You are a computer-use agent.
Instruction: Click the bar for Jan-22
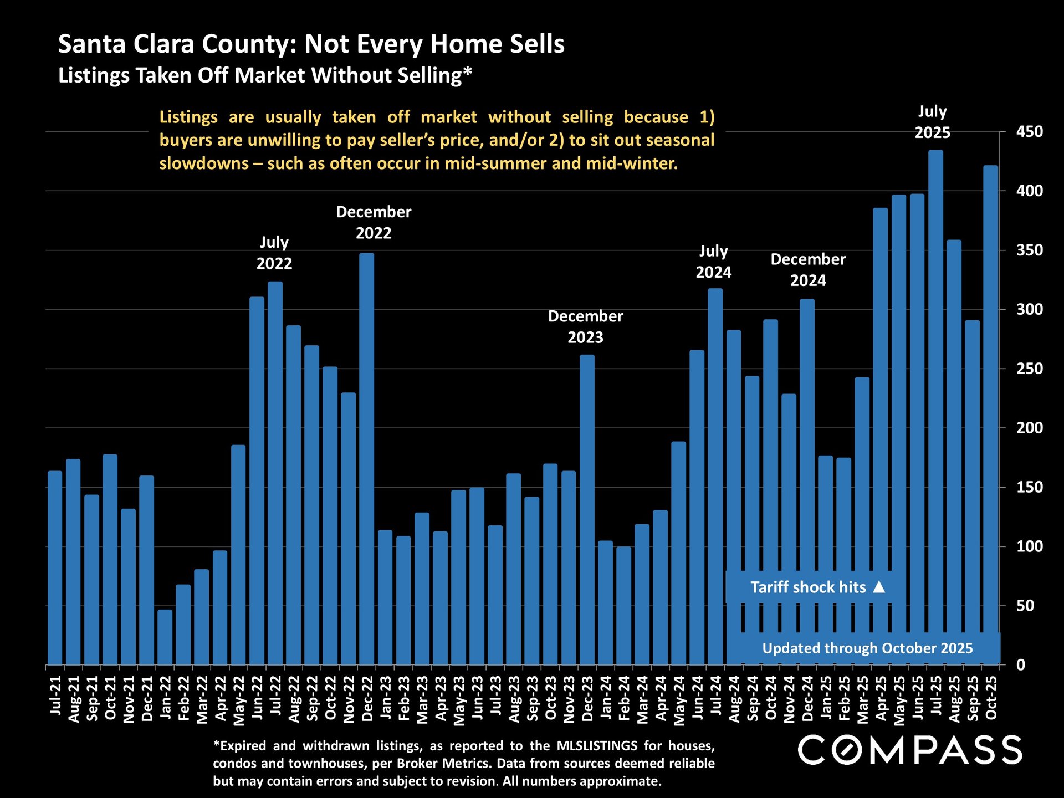pyautogui.click(x=165, y=637)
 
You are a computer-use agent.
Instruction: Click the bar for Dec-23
pyautogui.click(x=587, y=510)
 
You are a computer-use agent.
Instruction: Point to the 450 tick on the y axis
pyautogui.click(x=1029, y=132)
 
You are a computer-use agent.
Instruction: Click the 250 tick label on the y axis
pyautogui.click(x=1029, y=369)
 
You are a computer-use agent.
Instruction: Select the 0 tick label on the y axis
pyautogui.click(x=1021, y=665)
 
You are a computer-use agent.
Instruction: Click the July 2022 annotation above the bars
pyautogui.click(x=274, y=253)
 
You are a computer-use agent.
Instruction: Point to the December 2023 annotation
pyautogui.click(x=586, y=326)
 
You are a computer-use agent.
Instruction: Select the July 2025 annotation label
pyautogui.click(x=932, y=122)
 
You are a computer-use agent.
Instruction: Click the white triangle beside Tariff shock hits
pyautogui.click(x=879, y=587)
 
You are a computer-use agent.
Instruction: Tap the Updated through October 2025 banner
pyautogui.click(x=867, y=648)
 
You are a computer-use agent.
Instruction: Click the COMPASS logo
pyautogui.click(x=910, y=750)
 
